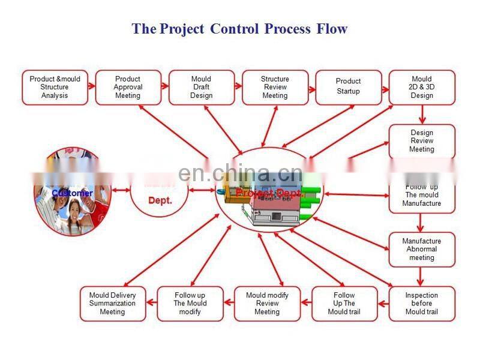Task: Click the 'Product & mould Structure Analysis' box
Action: [55, 87]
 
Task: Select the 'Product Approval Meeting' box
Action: [128, 87]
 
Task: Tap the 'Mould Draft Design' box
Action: [201, 87]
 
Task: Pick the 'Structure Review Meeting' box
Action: [275, 87]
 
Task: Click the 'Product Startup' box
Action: [348, 87]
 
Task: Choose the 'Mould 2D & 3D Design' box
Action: [422, 87]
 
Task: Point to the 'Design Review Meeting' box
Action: [422, 141]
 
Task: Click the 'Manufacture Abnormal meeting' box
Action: [422, 249]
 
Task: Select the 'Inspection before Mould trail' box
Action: [422, 303]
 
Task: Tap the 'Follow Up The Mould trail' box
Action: [344, 303]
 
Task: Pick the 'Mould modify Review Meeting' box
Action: [267, 303]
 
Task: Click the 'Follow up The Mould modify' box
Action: [190, 303]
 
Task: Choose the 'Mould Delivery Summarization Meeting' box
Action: [113, 303]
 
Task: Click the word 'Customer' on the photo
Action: [72, 193]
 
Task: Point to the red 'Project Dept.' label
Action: [270, 193]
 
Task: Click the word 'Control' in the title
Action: [235, 28]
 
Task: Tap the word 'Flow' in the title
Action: [332, 28]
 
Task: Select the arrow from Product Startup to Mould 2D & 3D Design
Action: [385, 86]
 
